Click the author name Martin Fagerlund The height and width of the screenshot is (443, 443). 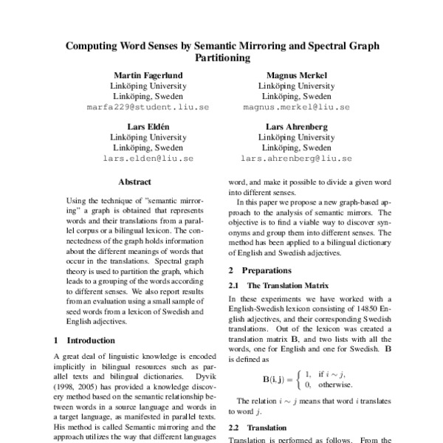pos(148,75)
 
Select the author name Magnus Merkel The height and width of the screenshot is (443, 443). pos(296,75)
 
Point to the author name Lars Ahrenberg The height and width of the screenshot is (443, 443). pos(296,128)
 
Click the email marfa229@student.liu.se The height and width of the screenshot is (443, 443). pos(148,106)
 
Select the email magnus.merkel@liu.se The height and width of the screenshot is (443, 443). pos(296,106)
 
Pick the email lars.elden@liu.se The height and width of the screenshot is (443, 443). pos(148,159)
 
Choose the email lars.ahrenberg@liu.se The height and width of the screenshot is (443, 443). pos(296,159)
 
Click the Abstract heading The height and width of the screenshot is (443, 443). pos(134,182)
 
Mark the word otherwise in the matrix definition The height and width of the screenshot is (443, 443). pos(334,385)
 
